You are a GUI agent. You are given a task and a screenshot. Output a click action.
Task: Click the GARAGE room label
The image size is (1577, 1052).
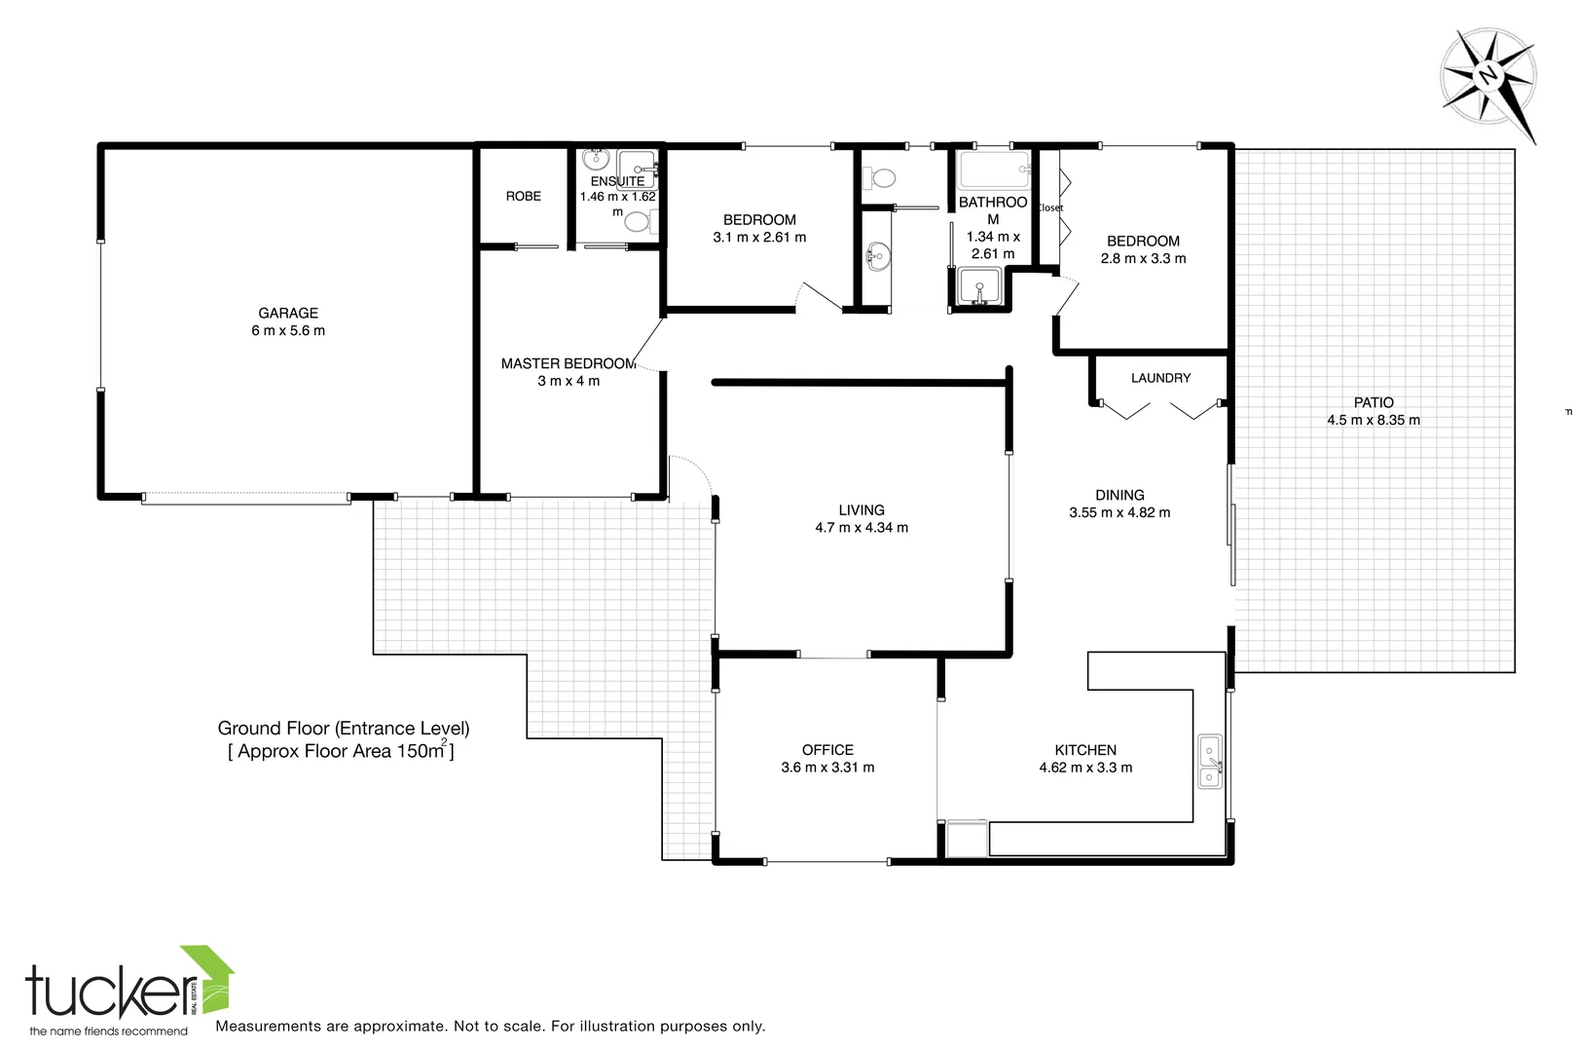(x=288, y=313)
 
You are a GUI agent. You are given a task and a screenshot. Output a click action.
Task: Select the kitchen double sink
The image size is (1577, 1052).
(x=1210, y=762)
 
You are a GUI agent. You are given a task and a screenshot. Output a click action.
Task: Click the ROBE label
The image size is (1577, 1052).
(x=523, y=196)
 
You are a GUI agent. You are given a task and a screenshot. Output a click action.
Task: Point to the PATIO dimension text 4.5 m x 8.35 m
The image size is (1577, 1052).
(x=1373, y=420)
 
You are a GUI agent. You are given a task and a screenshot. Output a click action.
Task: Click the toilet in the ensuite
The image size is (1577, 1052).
(x=638, y=222)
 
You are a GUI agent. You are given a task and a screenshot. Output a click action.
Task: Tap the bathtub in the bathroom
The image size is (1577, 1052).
(x=993, y=170)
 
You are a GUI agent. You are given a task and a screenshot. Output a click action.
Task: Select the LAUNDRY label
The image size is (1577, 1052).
(x=1160, y=378)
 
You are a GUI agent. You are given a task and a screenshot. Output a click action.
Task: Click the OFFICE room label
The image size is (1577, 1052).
(x=827, y=750)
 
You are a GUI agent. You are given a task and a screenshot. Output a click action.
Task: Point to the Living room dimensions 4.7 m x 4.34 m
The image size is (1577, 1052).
(x=862, y=527)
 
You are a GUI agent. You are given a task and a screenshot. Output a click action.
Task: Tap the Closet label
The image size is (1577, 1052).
(x=1049, y=207)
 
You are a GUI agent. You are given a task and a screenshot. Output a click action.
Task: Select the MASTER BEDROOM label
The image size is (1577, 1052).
(x=568, y=363)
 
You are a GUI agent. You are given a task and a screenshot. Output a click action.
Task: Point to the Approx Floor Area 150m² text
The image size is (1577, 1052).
(x=341, y=751)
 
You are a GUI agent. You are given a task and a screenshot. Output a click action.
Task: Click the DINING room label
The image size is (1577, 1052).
(x=1119, y=495)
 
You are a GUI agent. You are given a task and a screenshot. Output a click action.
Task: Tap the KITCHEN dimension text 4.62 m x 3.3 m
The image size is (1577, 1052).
(x=1085, y=768)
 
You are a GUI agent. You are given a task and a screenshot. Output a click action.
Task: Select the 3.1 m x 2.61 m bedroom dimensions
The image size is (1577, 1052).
(x=759, y=237)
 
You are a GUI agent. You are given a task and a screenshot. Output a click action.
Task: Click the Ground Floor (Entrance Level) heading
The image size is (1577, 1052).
(x=343, y=728)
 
